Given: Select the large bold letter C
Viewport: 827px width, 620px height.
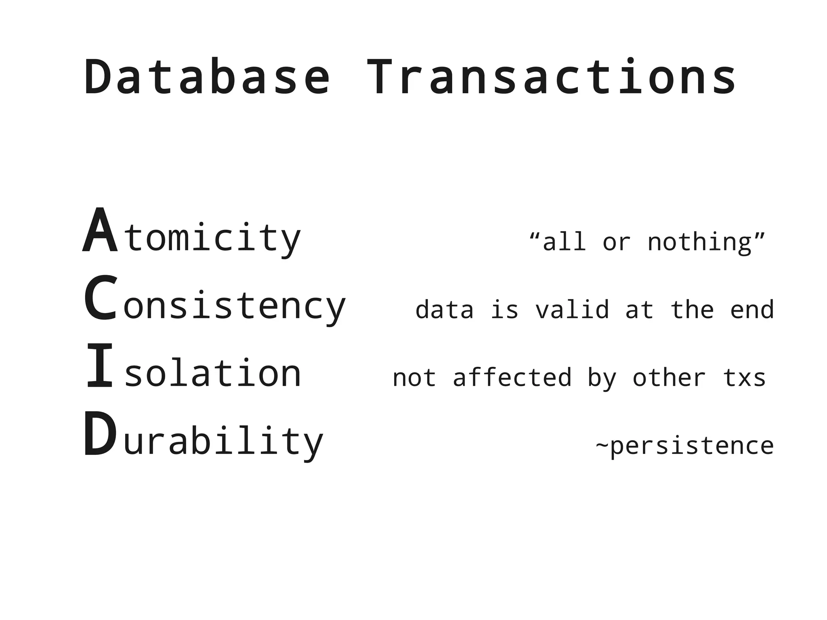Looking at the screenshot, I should tap(101, 298).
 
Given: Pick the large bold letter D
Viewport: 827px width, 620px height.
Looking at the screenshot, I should tap(100, 434).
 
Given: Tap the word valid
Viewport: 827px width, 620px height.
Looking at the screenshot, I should tap(572, 310).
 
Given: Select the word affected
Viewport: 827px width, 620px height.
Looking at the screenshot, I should tap(512, 378).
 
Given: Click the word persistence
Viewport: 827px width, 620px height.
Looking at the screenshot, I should tap(692, 446).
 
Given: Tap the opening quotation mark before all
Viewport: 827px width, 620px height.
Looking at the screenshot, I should tap(535, 235).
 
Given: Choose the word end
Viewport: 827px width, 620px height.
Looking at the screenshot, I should tap(752, 310).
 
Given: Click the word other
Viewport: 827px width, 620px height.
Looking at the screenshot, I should tap(669, 378).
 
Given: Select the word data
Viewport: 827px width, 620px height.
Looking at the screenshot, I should tap(444, 310).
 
